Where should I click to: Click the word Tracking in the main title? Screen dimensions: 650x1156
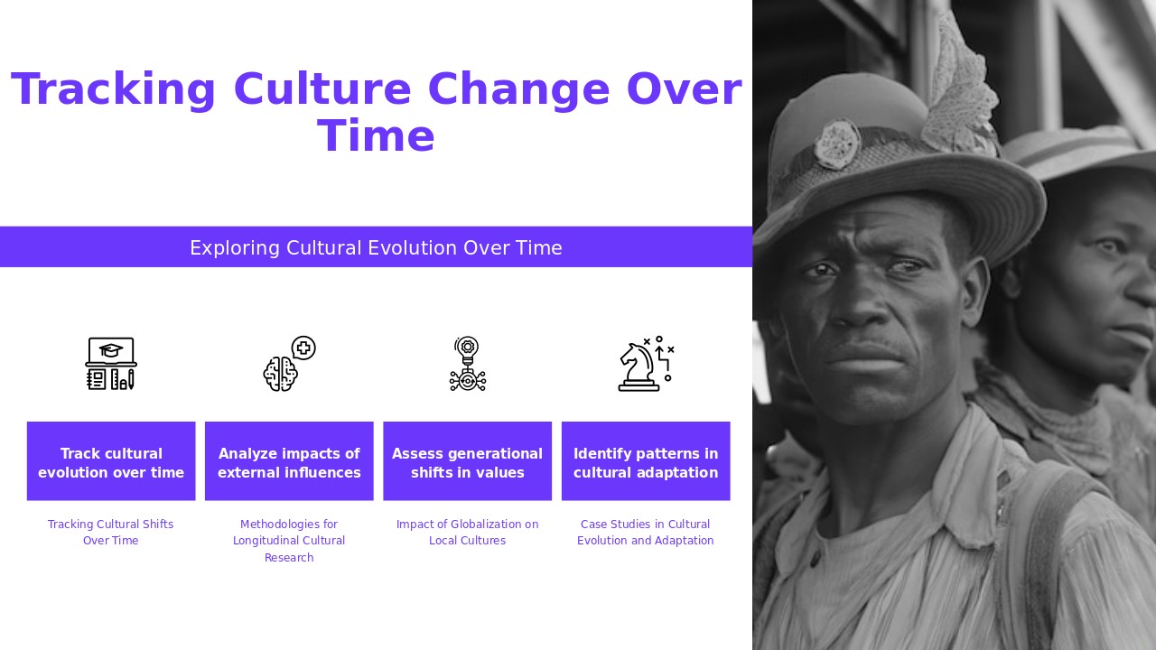point(114,90)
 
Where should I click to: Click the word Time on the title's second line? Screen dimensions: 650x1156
point(376,137)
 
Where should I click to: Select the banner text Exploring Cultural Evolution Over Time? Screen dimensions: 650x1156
point(376,247)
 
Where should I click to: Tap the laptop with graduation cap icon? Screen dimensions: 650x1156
point(111,364)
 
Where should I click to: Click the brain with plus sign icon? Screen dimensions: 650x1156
point(289,364)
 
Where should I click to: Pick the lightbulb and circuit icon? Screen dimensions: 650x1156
point(467,364)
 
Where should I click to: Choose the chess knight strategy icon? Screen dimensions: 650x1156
point(645,364)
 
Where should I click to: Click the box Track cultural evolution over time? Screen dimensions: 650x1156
point(111,461)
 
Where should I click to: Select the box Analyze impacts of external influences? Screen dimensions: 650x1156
point(289,461)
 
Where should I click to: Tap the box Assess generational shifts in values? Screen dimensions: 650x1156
point(467,461)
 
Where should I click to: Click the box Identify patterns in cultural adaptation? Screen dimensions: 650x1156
point(646,461)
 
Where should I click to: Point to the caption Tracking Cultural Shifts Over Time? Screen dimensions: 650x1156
point(111,533)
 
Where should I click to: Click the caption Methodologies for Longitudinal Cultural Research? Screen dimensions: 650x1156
point(289,541)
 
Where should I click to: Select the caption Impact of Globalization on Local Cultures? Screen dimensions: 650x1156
point(467,533)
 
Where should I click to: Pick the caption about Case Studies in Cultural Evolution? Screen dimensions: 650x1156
point(646,533)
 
